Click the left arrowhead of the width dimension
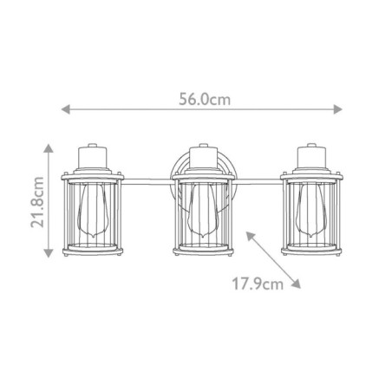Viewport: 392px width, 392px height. pos(62,109)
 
